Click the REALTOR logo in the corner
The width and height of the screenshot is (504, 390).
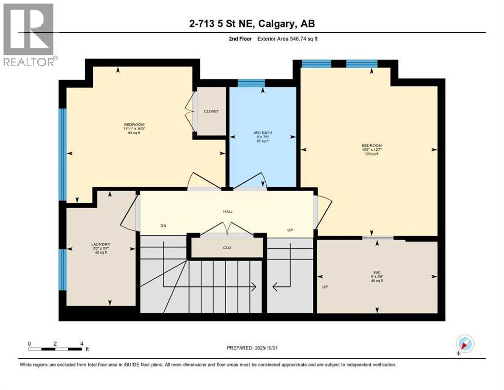28,35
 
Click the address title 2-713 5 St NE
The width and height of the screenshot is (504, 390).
251,24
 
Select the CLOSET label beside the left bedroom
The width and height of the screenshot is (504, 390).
211,111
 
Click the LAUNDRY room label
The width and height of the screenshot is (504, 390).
101,244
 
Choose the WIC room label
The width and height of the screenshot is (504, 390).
377,272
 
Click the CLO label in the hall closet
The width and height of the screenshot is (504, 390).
227,248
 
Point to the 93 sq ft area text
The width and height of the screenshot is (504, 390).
134,134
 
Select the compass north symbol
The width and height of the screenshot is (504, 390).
465,344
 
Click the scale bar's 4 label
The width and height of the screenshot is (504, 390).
82,343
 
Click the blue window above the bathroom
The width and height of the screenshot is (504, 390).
251,83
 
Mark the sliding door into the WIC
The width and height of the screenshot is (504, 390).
378,238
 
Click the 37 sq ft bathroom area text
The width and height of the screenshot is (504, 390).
262,141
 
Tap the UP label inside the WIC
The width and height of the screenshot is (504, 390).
325,286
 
